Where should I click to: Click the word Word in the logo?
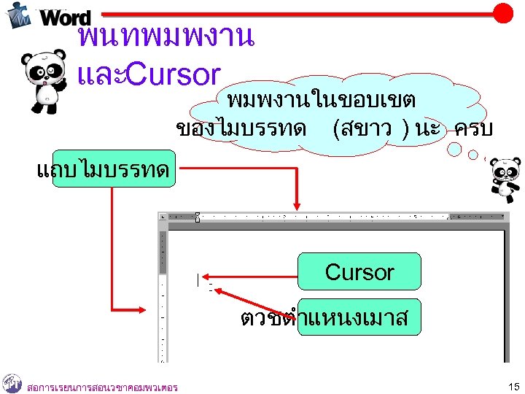(x=66, y=18)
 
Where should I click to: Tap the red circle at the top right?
(x=502, y=12)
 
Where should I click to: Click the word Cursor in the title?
(x=174, y=74)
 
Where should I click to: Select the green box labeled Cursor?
(x=359, y=271)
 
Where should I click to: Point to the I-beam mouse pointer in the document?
(x=196, y=279)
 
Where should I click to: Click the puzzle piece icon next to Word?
(x=18, y=15)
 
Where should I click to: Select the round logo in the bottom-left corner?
(x=12, y=383)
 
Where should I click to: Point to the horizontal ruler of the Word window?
(x=328, y=217)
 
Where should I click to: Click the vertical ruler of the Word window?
(x=163, y=292)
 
